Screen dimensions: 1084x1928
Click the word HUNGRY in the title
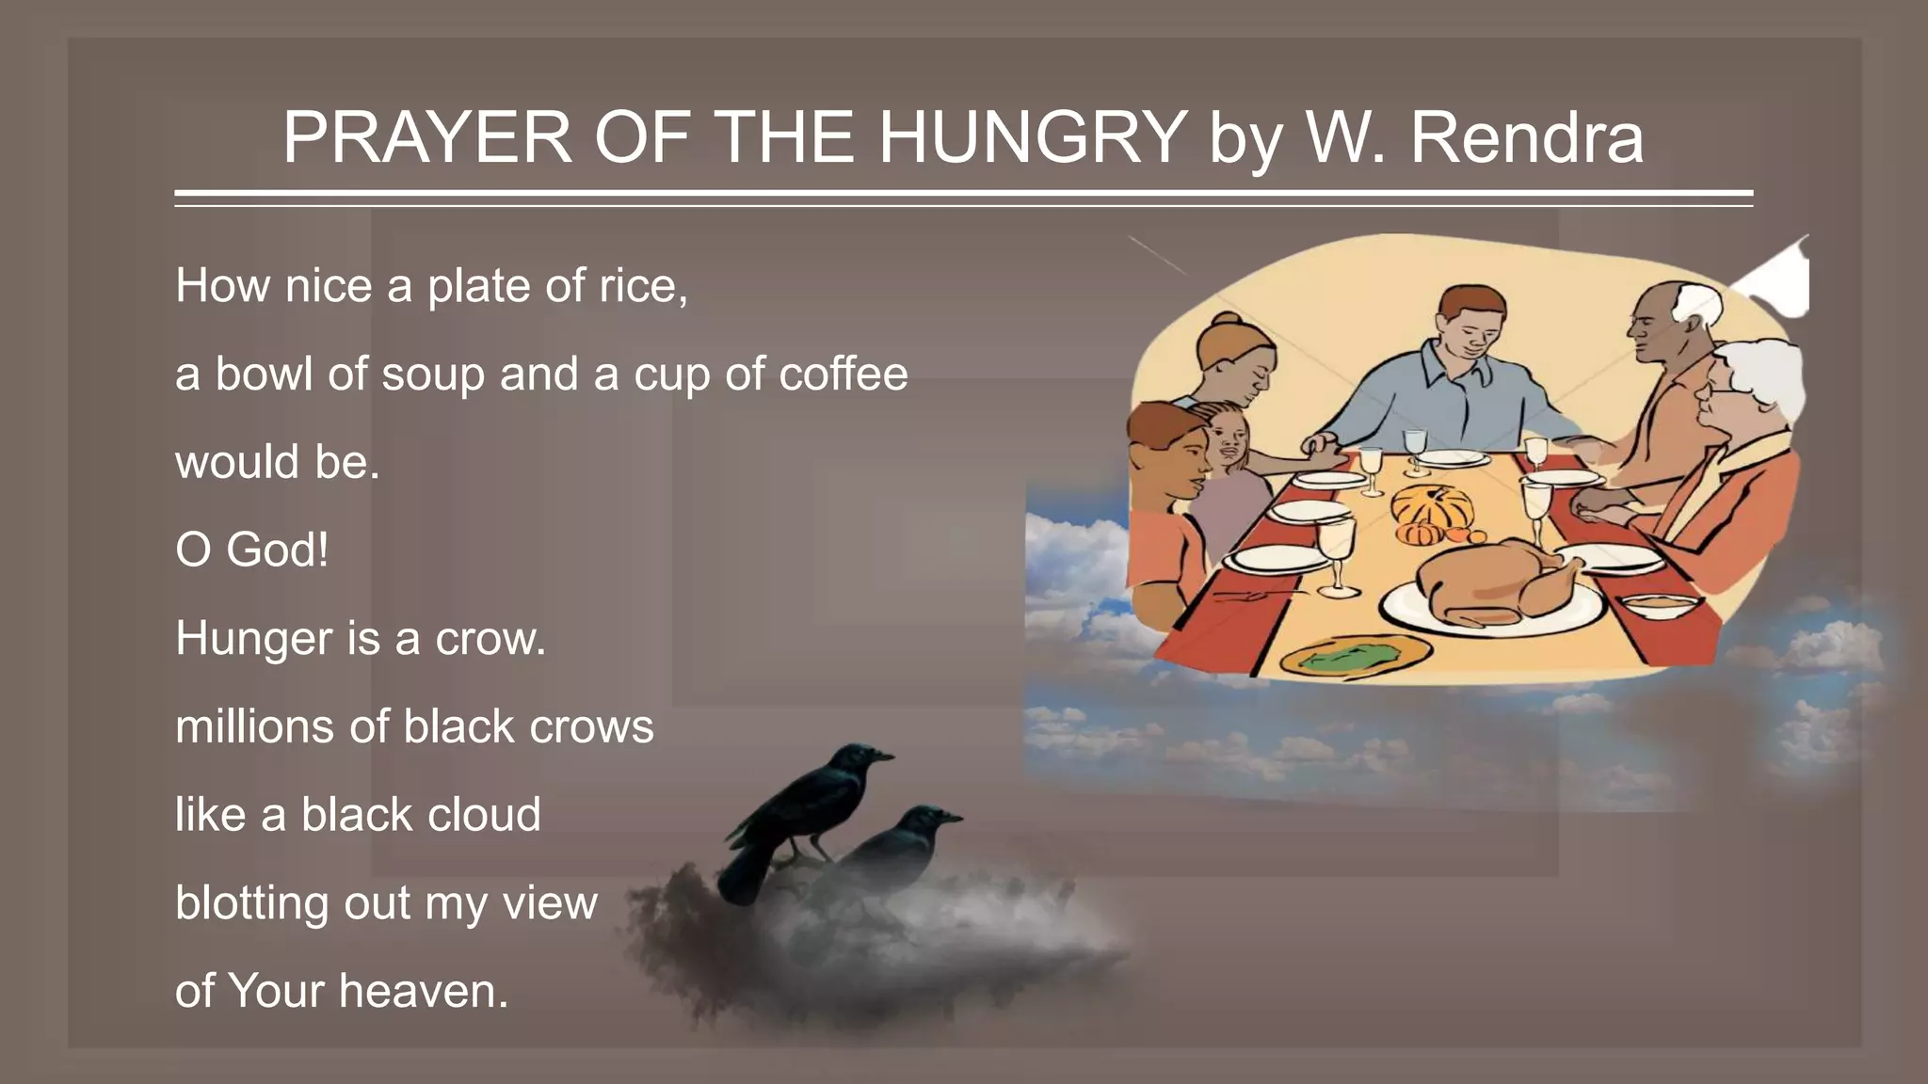pos(1032,137)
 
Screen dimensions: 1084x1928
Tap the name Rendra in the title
pos(1526,137)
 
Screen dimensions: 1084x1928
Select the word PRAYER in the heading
pos(426,137)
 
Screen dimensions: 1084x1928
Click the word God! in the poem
pos(278,550)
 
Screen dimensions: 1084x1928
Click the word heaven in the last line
pos(417,991)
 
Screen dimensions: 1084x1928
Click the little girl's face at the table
pos(1228,440)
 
